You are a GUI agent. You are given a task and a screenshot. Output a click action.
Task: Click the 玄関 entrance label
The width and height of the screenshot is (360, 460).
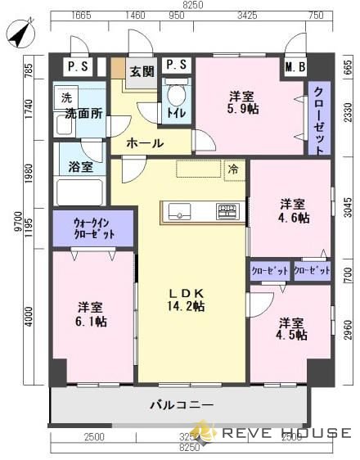tap(142, 71)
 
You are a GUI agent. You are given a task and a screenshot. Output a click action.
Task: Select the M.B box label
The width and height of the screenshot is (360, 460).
tap(295, 67)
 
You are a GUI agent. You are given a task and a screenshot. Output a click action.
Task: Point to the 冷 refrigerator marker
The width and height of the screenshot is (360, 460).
tap(234, 170)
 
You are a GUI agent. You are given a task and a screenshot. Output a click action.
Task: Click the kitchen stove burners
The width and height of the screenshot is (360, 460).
tap(227, 211)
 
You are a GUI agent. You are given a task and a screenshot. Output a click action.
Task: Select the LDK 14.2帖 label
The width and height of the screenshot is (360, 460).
tap(187, 300)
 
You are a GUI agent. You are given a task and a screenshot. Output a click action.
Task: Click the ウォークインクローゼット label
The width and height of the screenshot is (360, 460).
tap(92, 228)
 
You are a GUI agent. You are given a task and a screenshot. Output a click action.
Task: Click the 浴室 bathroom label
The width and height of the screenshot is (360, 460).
tap(80, 167)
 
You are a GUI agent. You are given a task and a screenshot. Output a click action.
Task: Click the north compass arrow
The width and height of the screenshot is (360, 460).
tap(17, 35)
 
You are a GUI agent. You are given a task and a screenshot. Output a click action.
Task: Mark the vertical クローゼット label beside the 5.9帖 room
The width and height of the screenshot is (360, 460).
tap(319, 120)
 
